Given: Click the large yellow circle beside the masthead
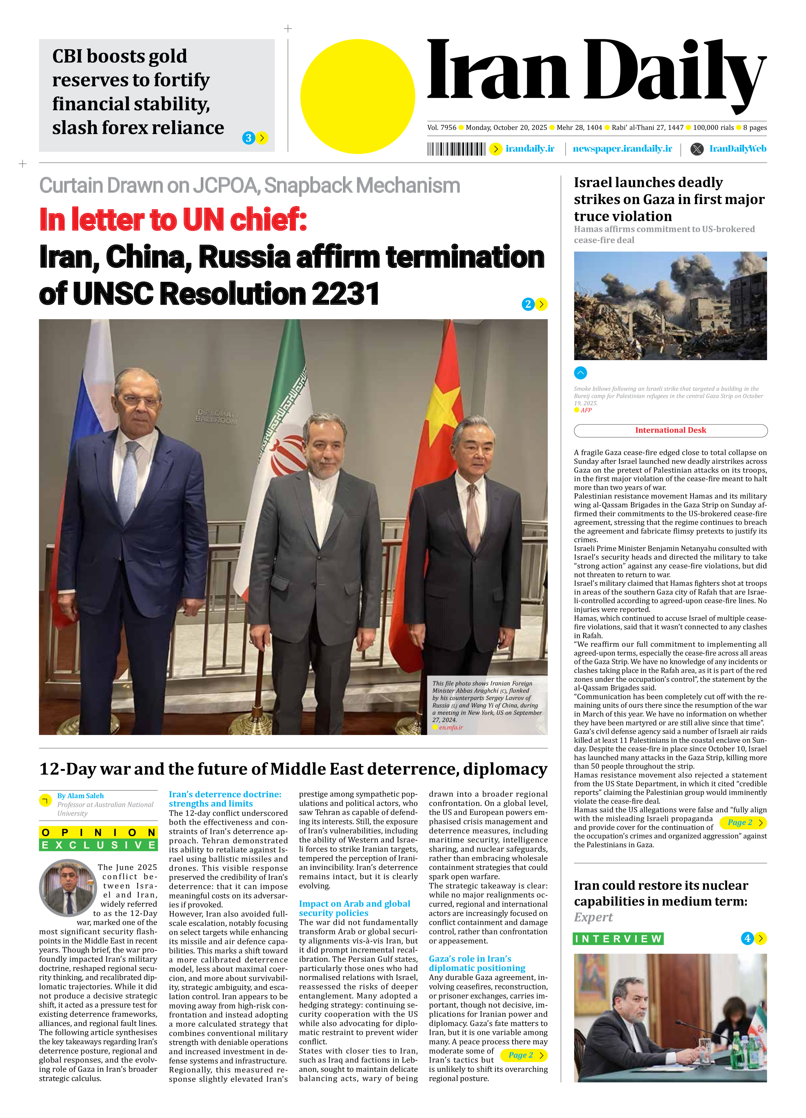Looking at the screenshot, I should pos(358,96).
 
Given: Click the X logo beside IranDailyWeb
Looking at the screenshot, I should pos(697,149).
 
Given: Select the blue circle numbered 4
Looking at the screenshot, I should pos(747,938).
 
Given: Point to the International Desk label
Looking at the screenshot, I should pos(671,430).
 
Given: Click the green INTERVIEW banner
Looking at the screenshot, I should pos(618,938).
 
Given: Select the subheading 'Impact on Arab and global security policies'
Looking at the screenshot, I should pos(354,908).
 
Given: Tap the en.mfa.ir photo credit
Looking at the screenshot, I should pos(451,727).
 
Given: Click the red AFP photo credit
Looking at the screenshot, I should pos(586,410).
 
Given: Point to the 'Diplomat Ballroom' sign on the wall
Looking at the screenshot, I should pos(216,416).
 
